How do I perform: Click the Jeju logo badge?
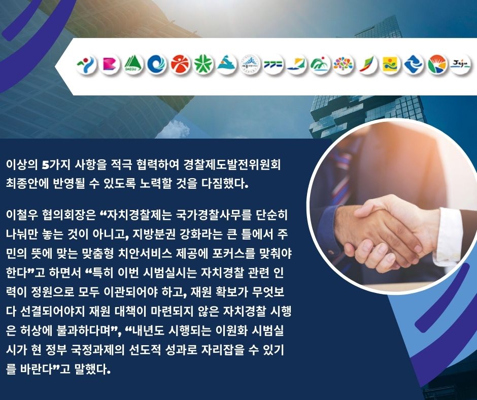point(460,64)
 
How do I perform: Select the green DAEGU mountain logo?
point(133,64)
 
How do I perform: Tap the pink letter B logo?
point(110,64)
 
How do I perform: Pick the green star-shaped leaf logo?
point(203,64)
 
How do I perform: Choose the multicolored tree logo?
point(343,64)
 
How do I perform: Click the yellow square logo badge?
point(390,64)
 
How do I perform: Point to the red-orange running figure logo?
point(180,64)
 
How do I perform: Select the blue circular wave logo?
point(157,64)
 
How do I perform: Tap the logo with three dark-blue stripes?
point(273,64)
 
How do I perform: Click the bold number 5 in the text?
point(45,165)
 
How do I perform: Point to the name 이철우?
point(21,215)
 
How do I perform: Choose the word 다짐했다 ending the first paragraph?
point(224,184)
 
